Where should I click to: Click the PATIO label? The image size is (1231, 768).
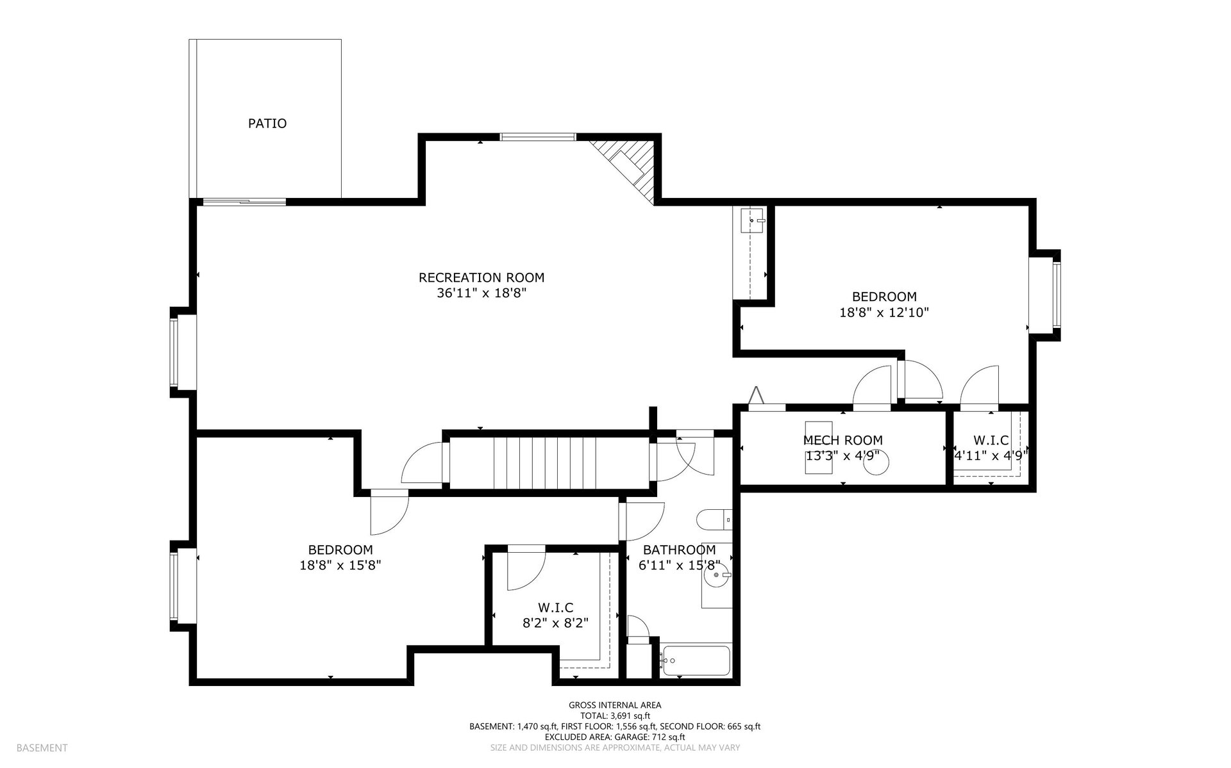pos(267,124)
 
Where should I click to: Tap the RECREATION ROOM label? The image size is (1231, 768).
pos(482,278)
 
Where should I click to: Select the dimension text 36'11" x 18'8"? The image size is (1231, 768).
pos(482,293)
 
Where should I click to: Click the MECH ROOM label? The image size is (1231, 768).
pos(843,441)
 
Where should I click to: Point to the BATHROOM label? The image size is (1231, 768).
pos(680,550)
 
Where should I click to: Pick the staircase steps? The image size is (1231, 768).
pos(550,463)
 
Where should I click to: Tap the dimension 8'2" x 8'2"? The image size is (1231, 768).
pos(556,623)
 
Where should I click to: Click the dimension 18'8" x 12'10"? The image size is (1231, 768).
pos(884,313)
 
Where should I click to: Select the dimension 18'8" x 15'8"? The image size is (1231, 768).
pos(340,566)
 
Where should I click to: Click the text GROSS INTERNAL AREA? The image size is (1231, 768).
pos(615,705)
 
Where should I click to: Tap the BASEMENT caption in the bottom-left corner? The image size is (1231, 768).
pos(42,748)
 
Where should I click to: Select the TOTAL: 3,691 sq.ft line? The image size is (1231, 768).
pos(615,716)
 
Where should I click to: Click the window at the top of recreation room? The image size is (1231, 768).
pos(538,136)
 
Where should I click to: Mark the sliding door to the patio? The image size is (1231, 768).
pos(244,202)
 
